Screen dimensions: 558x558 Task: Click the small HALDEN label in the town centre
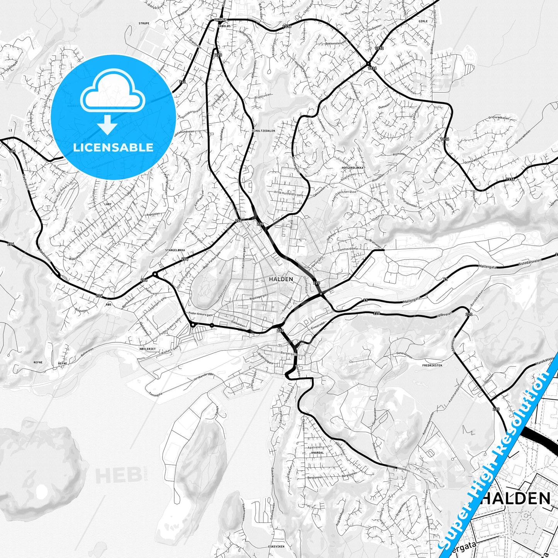click(x=281, y=279)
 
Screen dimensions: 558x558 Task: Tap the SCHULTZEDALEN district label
click(x=263, y=131)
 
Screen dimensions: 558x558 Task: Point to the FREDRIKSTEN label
click(x=432, y=365)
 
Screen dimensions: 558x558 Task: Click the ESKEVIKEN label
click(x=276, y=547)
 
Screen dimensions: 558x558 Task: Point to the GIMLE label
click(x=423, y=21)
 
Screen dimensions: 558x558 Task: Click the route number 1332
click(x=379, y=48)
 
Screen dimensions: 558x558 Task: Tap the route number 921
click(x=182, y=82)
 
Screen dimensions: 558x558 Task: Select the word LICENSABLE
click(x=113, y=147)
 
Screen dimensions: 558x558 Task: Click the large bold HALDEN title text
click(x=516, y=498)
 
